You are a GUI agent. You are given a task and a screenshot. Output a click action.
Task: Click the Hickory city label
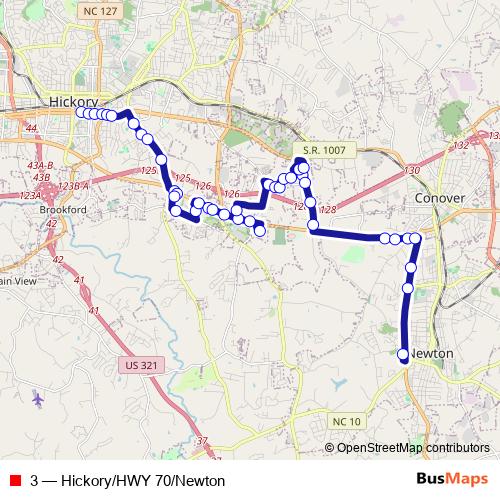73,102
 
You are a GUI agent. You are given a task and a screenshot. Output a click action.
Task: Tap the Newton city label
433,354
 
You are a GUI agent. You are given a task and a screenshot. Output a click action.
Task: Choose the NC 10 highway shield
347,421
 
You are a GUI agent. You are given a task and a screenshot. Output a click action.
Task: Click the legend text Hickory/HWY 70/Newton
128,480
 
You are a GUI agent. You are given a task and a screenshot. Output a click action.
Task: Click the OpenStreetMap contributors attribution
413,448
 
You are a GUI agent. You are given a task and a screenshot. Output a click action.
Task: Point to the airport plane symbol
38,399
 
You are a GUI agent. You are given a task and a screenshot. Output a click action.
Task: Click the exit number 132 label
460,146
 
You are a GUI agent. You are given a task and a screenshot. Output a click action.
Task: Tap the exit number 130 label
412,171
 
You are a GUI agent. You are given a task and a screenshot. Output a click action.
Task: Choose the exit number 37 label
202,440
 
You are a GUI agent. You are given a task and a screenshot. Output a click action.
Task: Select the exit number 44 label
31,129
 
